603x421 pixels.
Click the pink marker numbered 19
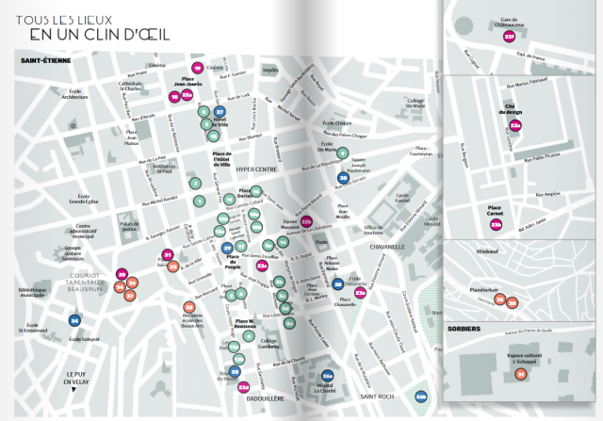tap(196, 69)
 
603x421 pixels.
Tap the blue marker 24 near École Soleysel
tap(75, 321)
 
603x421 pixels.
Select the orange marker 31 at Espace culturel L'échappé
tap(520, 375)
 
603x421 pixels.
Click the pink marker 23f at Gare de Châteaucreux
tap(510, 37)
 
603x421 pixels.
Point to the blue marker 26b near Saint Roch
tap(421, 396)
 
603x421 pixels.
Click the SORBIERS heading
tap(466, 329)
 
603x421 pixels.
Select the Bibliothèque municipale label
tap(32, 292)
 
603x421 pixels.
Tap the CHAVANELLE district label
tap(386, 247)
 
